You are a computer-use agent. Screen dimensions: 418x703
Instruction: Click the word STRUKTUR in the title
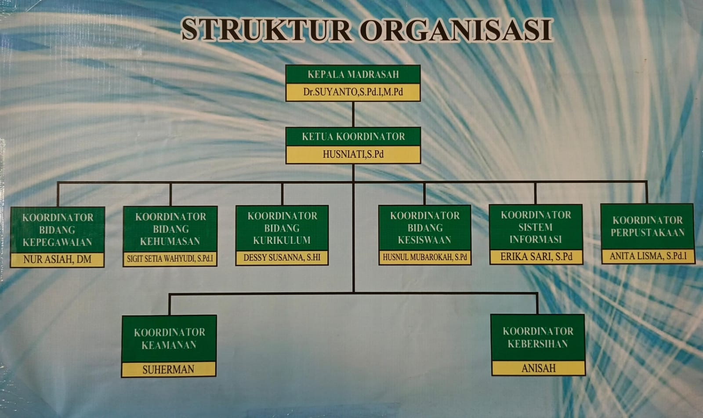tap(266, 30)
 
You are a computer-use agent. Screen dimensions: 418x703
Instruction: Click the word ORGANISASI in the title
tap(455, 30)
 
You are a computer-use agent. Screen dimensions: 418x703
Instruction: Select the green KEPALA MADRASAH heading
tap(353, 74)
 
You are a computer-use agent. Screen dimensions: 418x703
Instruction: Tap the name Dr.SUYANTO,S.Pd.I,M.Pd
tap(353, 92)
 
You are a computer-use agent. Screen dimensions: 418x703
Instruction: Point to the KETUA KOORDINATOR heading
tap(353, 137)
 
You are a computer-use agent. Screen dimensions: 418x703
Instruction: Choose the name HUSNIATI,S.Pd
tap(353, 154)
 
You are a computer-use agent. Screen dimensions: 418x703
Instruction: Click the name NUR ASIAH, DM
tap(58, 259)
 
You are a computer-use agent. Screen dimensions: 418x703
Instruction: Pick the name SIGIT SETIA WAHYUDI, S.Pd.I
tap(170, 258)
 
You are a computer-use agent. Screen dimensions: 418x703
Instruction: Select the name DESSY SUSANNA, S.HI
tap(282, 258)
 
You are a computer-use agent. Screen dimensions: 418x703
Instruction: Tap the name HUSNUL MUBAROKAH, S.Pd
tap(425, 257)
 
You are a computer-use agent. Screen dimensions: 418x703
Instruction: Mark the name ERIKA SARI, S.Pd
tap(536, 257)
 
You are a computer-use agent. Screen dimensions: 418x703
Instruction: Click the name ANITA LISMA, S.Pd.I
tap(648, 256)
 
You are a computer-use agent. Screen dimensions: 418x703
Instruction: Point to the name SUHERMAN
tap(169, 370)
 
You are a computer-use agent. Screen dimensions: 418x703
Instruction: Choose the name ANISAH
tap(539, 368)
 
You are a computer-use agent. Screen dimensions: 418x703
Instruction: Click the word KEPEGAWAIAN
tap(58, 242)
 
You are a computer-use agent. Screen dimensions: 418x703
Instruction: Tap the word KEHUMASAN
tap(170, 241)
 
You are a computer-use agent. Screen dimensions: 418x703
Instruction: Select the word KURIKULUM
tap(282, 240)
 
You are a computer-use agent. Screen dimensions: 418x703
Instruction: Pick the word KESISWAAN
tap(424, 240)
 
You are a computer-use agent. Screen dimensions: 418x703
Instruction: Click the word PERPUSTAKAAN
tap(648, 233)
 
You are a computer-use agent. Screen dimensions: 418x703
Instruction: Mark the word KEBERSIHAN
tap(538, 344)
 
